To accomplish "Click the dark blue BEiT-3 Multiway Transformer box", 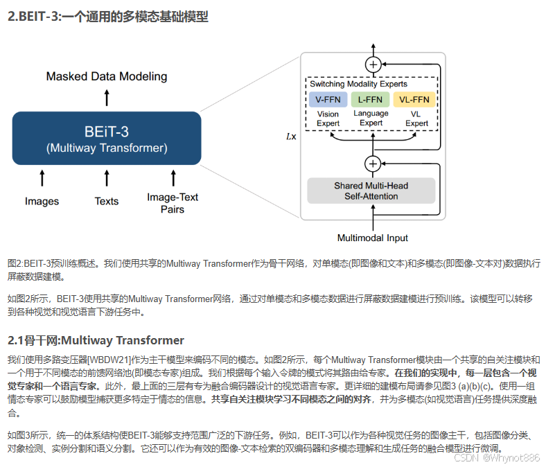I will click(106, 139).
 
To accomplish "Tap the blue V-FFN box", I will click(328, 100).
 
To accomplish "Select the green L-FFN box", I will click(371, 100).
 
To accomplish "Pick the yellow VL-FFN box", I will click(414, 100).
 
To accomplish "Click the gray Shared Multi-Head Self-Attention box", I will click(371, 191).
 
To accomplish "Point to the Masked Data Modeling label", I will click(106, 76).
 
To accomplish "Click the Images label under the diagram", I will click(42, 202).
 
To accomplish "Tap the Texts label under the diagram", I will click(107, 202).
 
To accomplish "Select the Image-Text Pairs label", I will click(173, 202).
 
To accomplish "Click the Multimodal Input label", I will click(373, 238).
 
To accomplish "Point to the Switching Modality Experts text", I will click(358, 84).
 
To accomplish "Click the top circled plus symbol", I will click(373, 64).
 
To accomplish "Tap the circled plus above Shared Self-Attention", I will click(373, 164).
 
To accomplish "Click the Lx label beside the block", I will click(291, 136).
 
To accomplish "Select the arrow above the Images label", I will click(42, 178).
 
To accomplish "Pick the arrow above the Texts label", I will click(107, 178).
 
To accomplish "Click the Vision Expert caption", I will click(328, 118).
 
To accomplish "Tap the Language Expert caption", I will click(371, 118).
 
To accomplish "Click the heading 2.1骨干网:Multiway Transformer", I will click(96, 340).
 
